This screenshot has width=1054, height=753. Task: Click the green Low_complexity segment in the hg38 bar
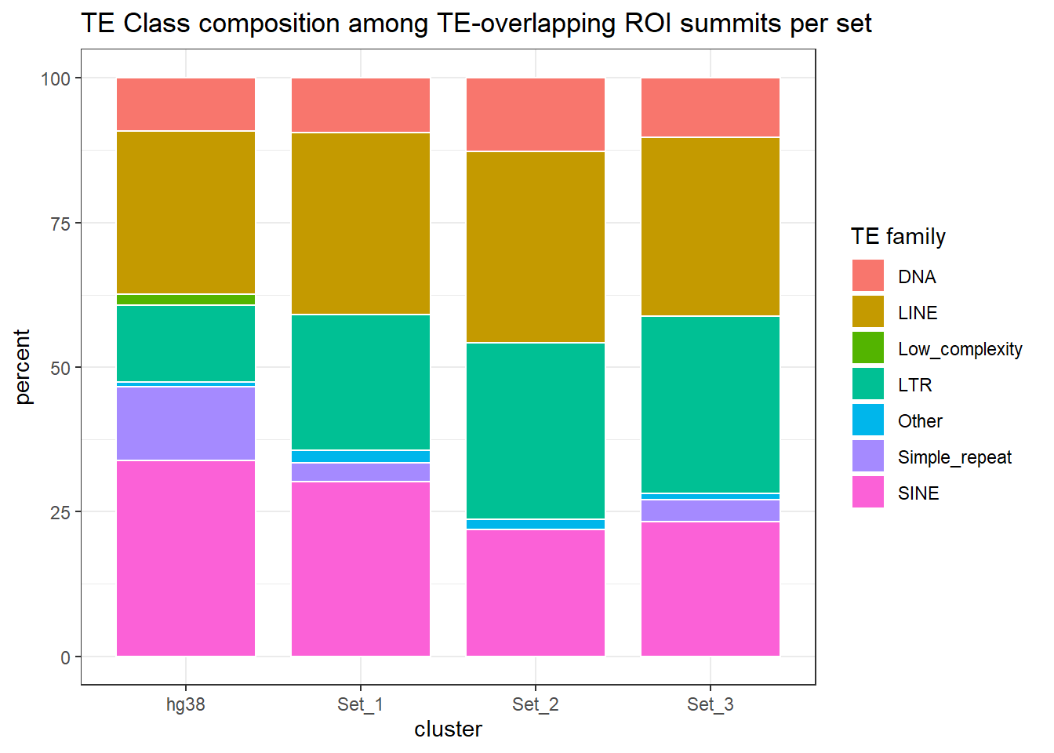(186, 300)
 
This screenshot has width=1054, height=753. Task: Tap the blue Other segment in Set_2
(536, 524)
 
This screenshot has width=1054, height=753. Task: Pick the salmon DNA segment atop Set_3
(711, 107)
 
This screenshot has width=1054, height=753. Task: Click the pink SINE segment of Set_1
(361, 569)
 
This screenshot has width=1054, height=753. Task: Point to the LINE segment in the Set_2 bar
(536, 247)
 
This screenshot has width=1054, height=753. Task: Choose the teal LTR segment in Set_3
(711, 405)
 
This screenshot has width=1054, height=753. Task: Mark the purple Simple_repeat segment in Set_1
(361, 472)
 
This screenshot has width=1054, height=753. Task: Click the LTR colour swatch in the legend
(868, 384)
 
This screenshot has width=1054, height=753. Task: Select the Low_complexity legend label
(960, 349)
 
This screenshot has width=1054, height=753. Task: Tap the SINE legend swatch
(868, 493)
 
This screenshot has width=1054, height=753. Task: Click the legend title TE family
(898, 236)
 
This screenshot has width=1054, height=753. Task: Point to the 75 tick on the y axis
(60, 224)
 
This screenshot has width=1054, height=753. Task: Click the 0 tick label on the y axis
(66, 657)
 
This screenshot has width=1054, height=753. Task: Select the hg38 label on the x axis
(186, 704)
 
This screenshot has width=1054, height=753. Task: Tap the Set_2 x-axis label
(536, 704)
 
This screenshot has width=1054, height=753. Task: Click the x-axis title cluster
(448, 729)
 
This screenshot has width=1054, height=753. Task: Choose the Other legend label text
(920, 421)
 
